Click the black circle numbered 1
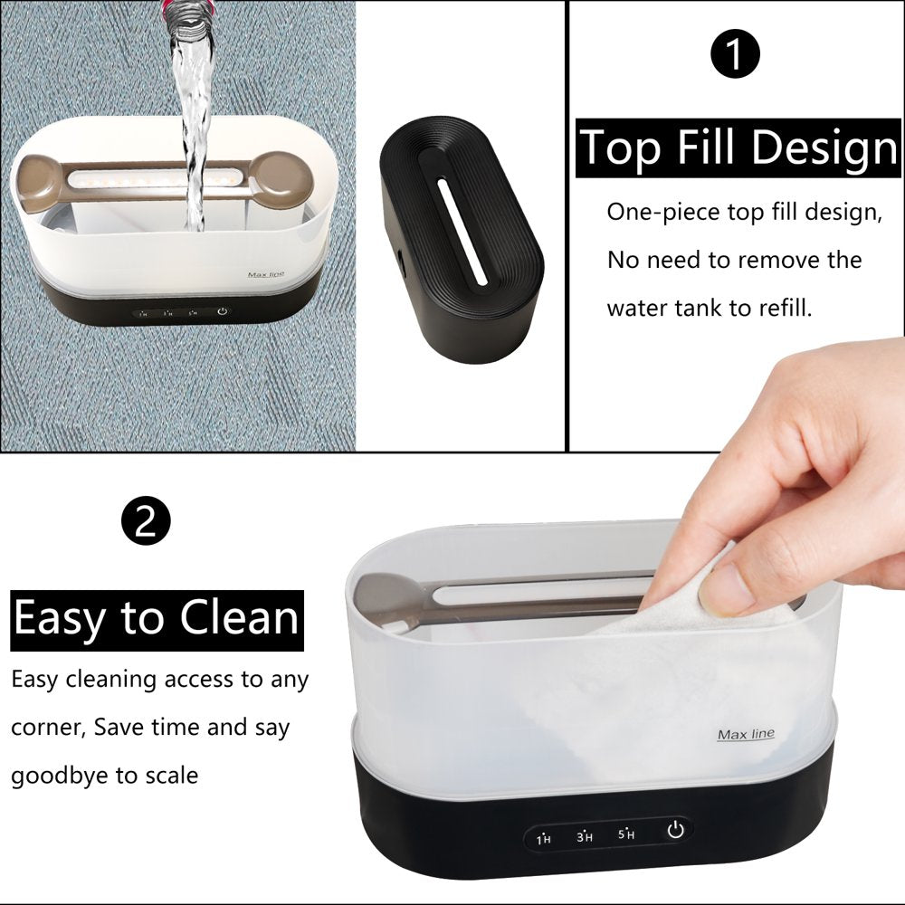pyautogui.click(x=735, y=53)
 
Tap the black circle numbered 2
pyautogui.click(x=146, y=520)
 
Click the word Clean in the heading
pyautogui.click(x=239, y=618)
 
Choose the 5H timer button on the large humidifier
pyautogui.click(x=626, y=834)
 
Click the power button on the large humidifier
pyautogui.click(x=676, y=830)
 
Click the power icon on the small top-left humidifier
pyautogui.click(x=223, y=311)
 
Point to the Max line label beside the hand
pyautogui.click(x=746, y=734)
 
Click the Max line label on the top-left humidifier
pyautogui.click(x=266, y=275)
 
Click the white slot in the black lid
pyautogui.click(x=462, y=232)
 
